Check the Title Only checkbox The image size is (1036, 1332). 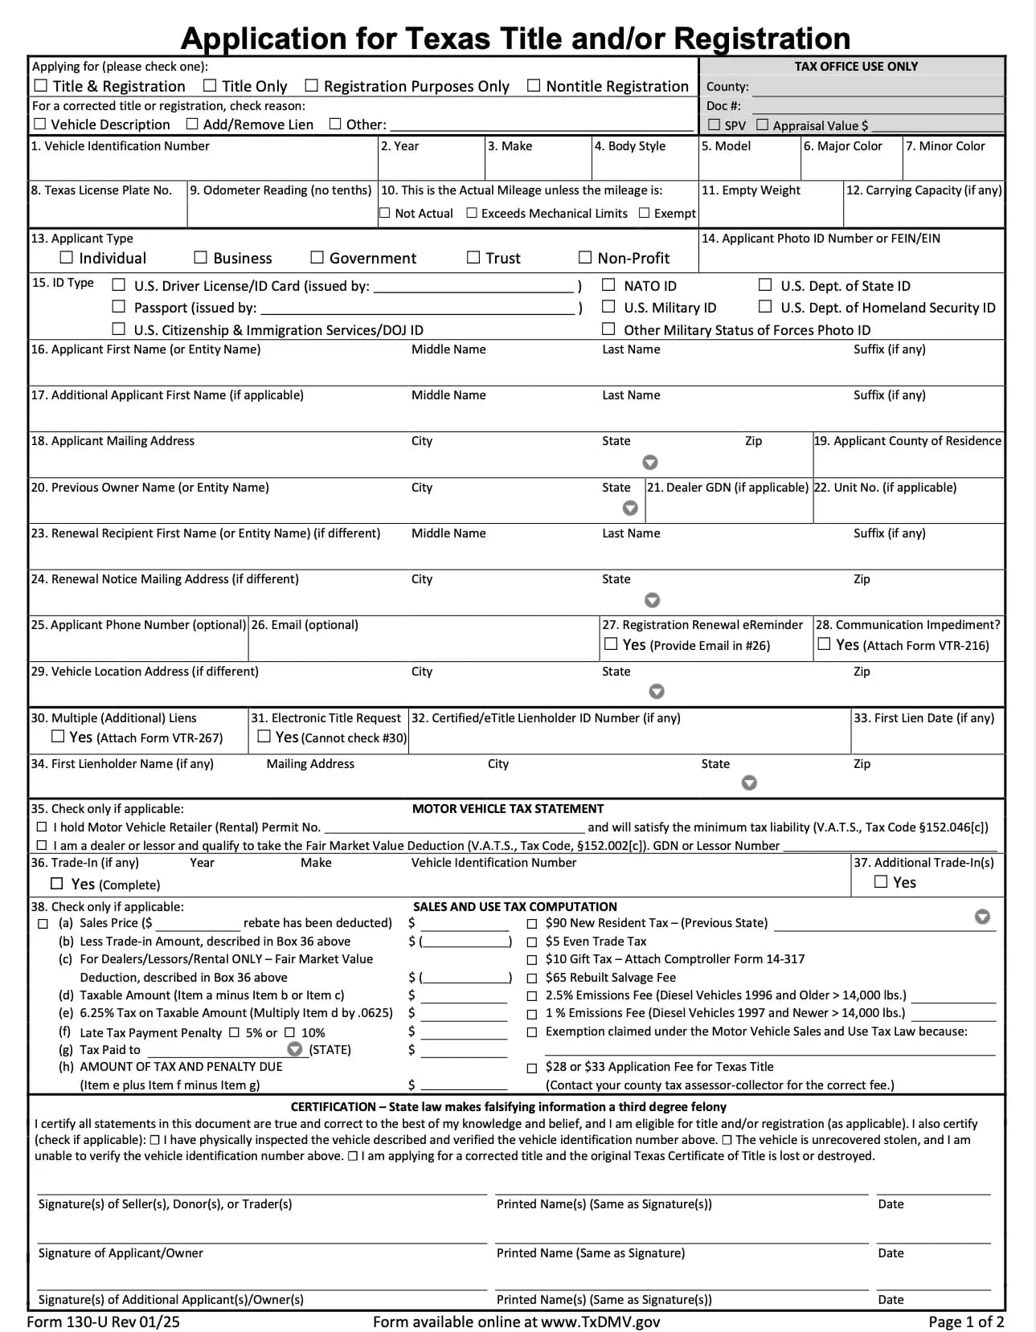[x=210, y=85]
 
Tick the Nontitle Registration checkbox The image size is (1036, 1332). [x=534, y=85]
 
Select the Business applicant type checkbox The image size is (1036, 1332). [x=201, y=257]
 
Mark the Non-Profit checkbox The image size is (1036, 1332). [x=585, y=257]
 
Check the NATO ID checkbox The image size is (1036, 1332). [x=608, y=284]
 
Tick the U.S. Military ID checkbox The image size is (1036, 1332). [x=608, y=306]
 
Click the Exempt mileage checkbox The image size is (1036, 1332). [x=644, y=213]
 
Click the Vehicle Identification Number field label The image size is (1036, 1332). [x=120, y=146]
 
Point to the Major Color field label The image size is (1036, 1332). [x=842, y=146]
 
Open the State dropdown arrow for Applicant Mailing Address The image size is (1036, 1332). [x=650, y=462]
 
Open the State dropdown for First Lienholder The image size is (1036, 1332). [x=749, y=782]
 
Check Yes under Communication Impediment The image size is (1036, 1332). [x=824, y=644]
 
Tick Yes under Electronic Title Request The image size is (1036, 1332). [x=264, y=736]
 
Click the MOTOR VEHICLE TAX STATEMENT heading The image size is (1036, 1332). [x=507, y=809]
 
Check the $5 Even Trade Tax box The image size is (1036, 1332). [x=532, y=942]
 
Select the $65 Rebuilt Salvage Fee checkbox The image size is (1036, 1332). [x=532, y=979]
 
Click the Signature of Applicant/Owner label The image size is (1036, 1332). [x=121, y=1253]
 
